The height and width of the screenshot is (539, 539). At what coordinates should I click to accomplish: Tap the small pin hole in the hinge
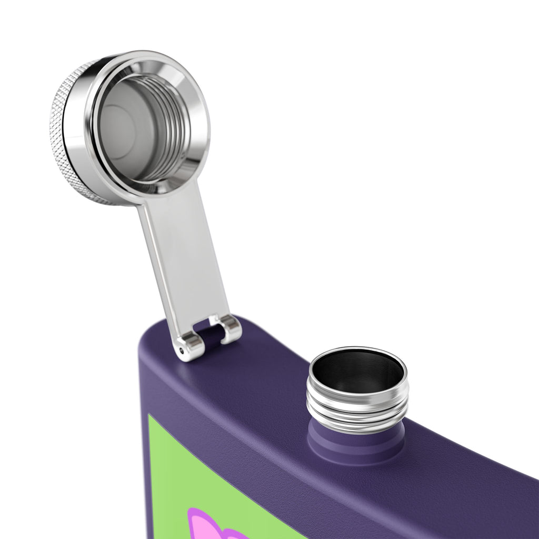pos(182,350)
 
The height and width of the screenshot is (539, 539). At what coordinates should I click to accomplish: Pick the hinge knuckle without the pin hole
pos(229,327)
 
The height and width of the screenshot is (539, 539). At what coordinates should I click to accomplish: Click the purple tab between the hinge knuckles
pos(210,337)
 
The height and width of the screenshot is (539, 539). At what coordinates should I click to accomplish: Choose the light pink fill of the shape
pos(211,529)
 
